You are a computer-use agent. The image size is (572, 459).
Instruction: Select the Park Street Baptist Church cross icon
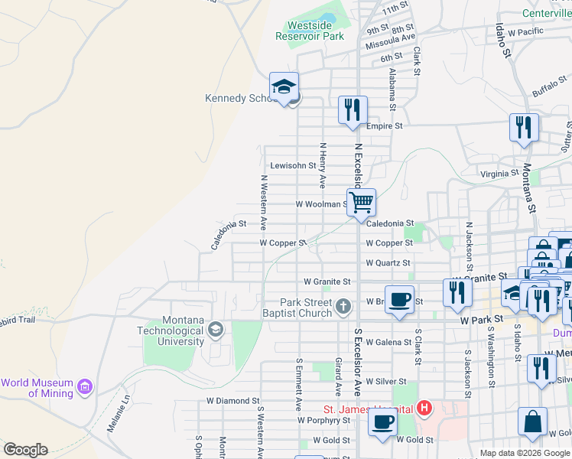343,308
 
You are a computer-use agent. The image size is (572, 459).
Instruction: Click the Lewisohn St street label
293,165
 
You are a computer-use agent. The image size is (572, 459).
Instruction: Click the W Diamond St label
233,400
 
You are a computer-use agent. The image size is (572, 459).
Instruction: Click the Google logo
25,450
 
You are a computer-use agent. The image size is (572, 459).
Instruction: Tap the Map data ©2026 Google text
524,453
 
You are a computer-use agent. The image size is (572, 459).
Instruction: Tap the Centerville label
546,13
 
